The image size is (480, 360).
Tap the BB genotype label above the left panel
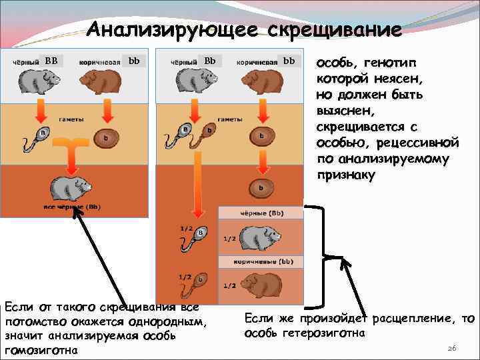point(51,60)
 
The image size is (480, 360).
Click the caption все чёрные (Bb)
point(72,207)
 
